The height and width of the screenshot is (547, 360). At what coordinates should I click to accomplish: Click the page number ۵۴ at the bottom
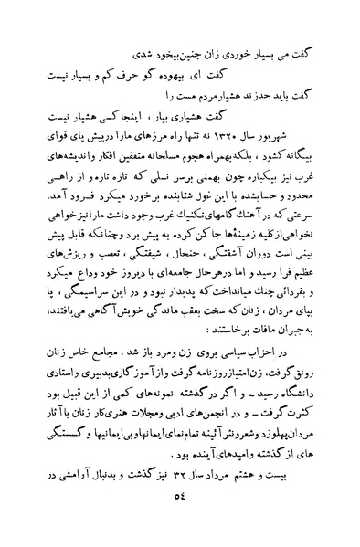pyautogui.click(x=180, y=524)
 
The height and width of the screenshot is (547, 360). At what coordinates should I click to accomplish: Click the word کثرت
pyautogui.click(x=301, y=441)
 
